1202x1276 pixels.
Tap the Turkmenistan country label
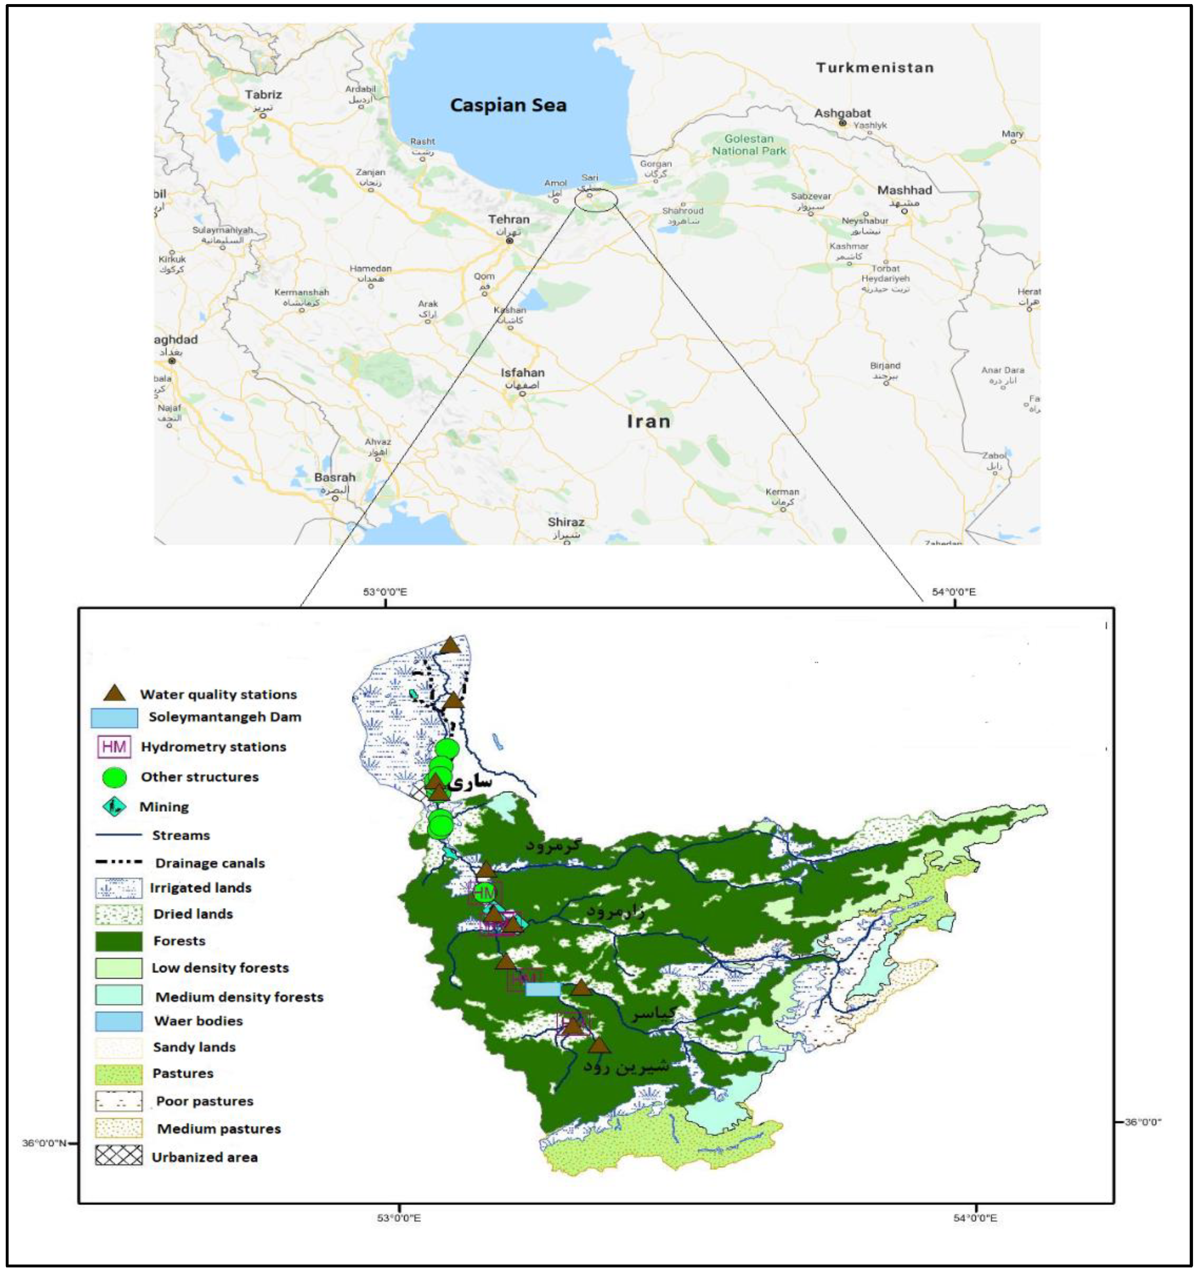click(874, 68)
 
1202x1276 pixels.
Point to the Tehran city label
click(509, 219)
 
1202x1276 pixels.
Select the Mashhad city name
click(904, 190)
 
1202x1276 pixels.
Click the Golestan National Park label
click(749, 145)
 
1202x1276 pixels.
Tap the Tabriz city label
click(263, 94)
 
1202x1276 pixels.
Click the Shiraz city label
click(566, 522)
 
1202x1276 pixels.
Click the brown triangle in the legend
click(115, 693)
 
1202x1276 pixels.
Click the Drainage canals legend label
click(210, 863)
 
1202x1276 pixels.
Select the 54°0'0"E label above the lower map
click(953, 592)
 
